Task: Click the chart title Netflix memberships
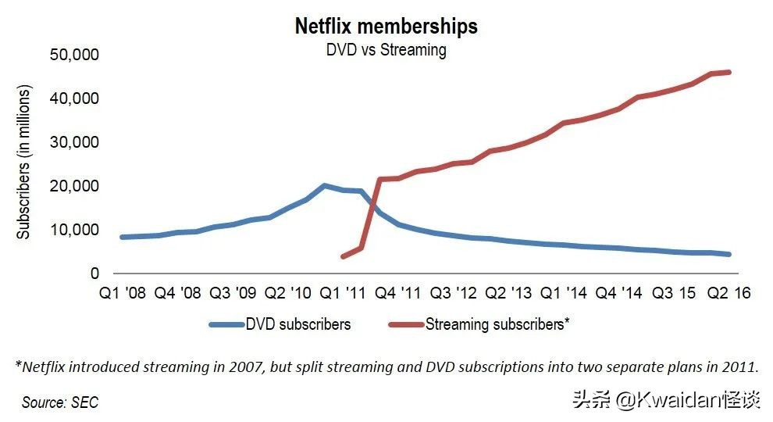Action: pos(386,26)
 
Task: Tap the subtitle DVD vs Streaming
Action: pos(386,50)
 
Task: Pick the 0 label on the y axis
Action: pos(94,274)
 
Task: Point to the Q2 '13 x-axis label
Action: pos(509,293)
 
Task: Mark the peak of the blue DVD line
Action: pos(324,186)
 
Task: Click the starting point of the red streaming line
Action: pos(343,256)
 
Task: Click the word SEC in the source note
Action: pos(84,402)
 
